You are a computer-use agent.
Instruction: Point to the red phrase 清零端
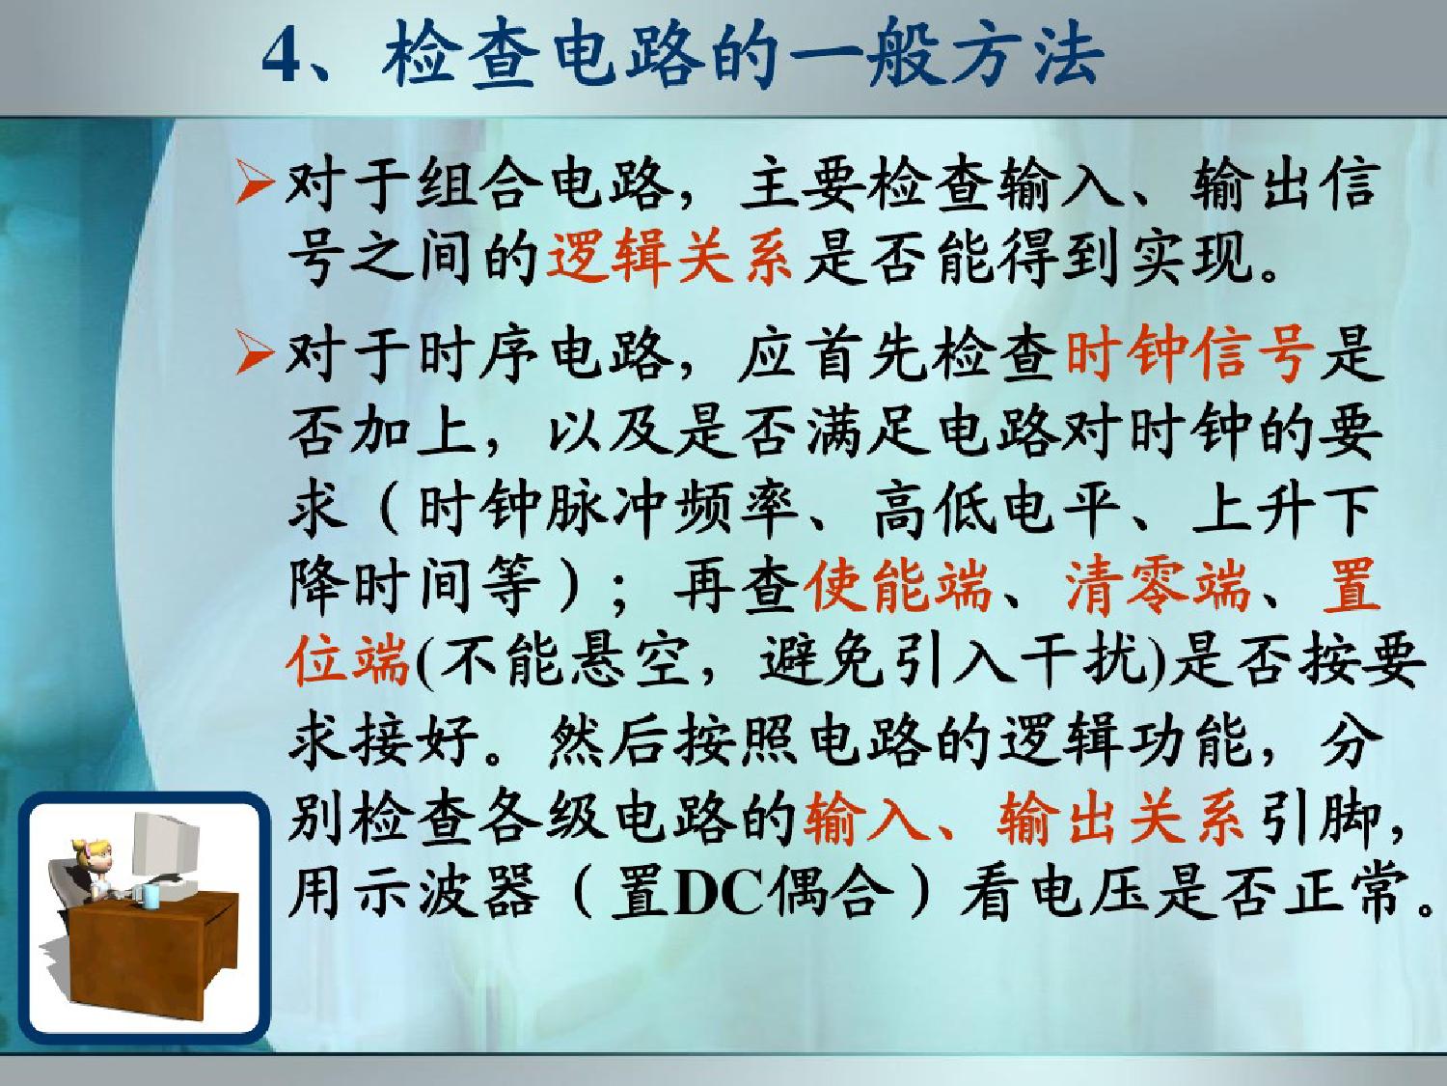pos(1158,585)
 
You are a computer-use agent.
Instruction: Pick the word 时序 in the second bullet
pos(479,356)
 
